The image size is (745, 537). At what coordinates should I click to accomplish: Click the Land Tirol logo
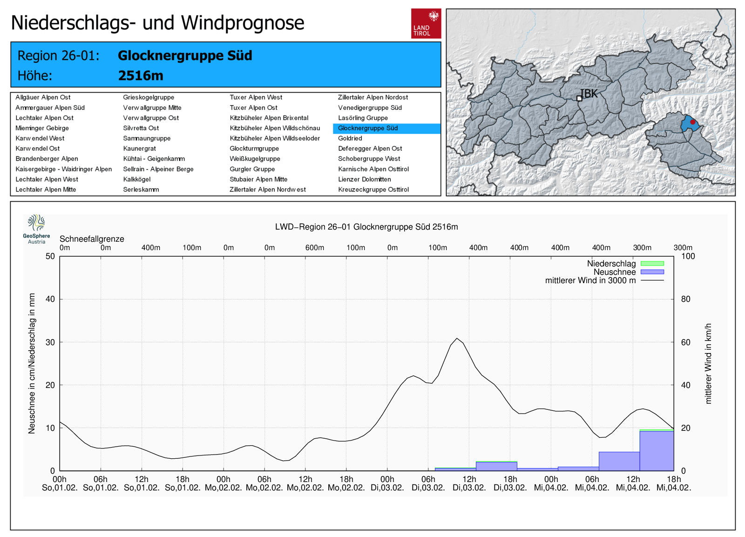tap(426, 23)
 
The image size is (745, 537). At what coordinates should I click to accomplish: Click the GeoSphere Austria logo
tap(36, 229)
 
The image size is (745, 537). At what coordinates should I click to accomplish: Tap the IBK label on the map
tap(589, 94)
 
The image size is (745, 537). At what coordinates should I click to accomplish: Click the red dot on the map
tap(692, 122)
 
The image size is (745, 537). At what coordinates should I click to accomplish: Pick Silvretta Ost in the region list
tap(141, 128)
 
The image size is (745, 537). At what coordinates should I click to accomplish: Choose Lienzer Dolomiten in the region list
tap(364, 179)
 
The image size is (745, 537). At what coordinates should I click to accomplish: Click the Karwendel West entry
tap(40, 138)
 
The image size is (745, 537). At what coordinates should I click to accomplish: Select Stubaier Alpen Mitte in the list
tap(258, 179)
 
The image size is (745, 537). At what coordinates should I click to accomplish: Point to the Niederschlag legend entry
tap(611, 264)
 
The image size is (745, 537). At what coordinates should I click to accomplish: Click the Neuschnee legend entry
tap(615, 272)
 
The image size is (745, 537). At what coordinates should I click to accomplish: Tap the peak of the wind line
tap(457, 339)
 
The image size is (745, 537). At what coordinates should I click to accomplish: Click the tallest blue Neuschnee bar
tap(657, 450)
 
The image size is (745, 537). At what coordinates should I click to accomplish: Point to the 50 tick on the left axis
tap(50, 256)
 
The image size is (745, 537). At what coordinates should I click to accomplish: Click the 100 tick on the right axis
tap(688, 256)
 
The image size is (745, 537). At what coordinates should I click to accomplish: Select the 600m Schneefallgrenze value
tap(315, 248)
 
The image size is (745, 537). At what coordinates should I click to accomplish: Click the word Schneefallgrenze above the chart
tap(92, 239)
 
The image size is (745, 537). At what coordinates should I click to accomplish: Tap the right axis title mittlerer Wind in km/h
tap(708, 363)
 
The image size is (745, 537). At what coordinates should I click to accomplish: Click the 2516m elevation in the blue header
tap(141, 75)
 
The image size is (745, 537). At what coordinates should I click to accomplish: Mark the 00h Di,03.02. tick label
tap(387, 483)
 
